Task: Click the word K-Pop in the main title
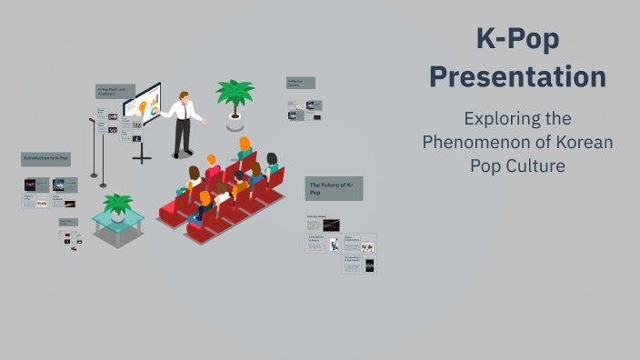[x=518, y=39]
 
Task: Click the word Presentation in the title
[x=517, y=76]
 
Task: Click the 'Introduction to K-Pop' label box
[x=45, y=159]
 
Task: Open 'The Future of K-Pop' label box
[x=334, y=188]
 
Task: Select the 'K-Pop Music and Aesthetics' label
[x=115, y=92]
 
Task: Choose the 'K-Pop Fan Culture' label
[x=301, y=83]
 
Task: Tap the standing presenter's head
[x=185, y=96]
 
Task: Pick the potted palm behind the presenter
[x=234, y=95]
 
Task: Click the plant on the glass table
[x=117, y=204]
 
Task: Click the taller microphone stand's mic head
[x=92, y=121]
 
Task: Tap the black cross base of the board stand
[x=142, y=157]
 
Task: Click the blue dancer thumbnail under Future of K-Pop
[x=334, y=245]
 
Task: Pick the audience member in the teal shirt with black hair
[x=271, y=164]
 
